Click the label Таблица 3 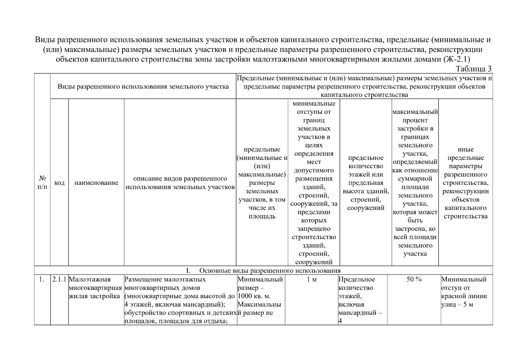click(473, 69)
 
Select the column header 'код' click(59, 183)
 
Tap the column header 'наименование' click(96, 183)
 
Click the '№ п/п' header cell click(42, 182)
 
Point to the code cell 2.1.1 click(59, 280)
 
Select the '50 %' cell click(414, 279)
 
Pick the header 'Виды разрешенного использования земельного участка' click(143, 86)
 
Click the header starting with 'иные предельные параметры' click(466, 183)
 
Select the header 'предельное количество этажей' click(366, 183)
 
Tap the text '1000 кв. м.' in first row click(254, 296)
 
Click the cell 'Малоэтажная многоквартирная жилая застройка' click(95, 288)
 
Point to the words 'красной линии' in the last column click(464, 296)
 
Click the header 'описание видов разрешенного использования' click(180, 183)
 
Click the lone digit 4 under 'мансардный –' click(340, 321)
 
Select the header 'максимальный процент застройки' click(415, 183)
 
